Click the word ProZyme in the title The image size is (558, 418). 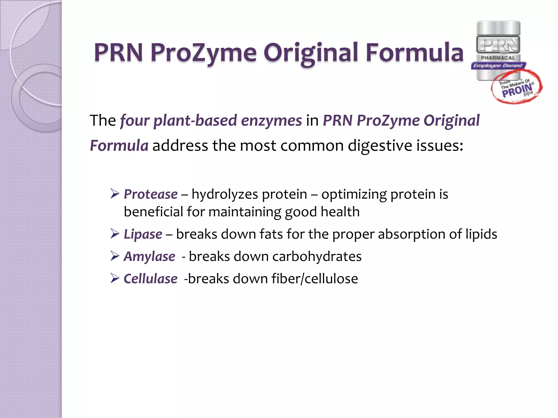click(203, 53)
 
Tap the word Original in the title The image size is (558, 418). click(311, 53)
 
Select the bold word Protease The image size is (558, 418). click(151, 194)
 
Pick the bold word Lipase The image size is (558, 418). click(143, 234)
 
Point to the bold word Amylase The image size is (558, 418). click(150, 256)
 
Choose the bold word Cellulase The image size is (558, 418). click(150, 279)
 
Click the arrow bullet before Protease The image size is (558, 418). click(115, 194)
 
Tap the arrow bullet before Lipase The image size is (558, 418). click(115, 234)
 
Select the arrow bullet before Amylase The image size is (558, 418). click(115, 256)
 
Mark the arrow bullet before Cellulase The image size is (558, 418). click(115, 278)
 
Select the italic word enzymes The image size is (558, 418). click(271, 121)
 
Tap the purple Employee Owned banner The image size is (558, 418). click(498, 66)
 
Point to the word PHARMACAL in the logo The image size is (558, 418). click(498, 58)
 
